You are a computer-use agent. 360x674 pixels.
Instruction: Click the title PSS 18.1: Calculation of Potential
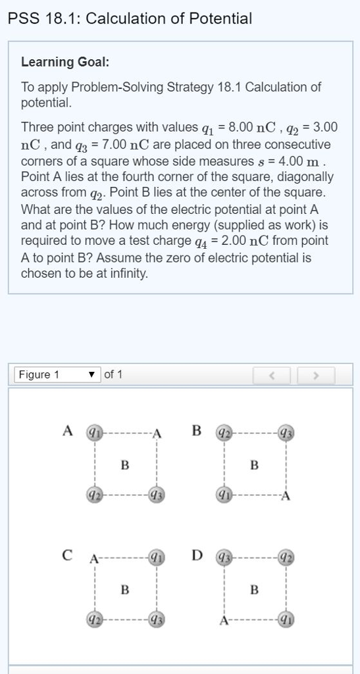(130, 18)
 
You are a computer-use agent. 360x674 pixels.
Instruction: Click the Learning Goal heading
(65, 62)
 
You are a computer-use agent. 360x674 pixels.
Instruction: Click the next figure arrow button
(316, 375)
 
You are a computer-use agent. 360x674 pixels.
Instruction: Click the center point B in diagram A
(125, 465)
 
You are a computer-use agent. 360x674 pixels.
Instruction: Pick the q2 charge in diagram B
(224, 432)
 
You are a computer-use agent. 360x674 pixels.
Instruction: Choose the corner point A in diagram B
(286, 496)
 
